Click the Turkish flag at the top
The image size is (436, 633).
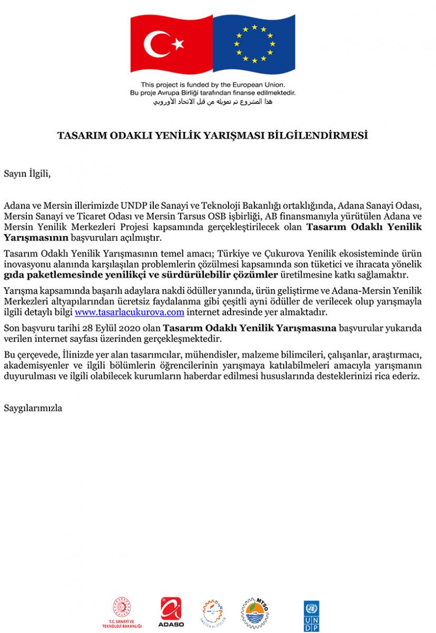[172, 44]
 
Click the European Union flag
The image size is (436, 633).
[254, 44]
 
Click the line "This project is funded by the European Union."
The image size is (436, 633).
[213, 84]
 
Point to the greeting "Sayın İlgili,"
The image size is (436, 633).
[27, 172]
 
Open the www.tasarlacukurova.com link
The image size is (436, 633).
[130, 312]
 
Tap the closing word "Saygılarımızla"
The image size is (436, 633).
[33, 408]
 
